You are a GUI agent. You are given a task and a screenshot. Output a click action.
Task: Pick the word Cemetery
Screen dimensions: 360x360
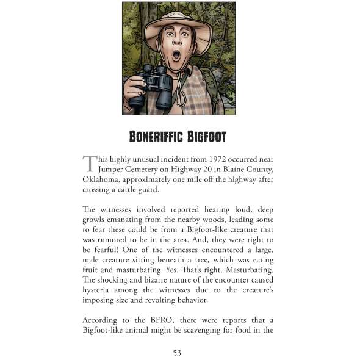tap(153, 169)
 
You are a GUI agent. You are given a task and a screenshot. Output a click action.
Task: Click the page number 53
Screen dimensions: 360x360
tap(178, 352)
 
